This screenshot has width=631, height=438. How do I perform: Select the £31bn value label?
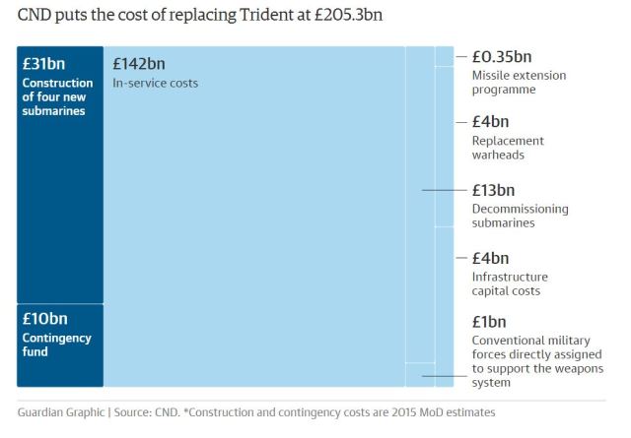[x=43, y=64]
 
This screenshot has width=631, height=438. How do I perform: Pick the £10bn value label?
[x=44, y=319]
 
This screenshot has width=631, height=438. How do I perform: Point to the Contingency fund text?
[x=56, y=344]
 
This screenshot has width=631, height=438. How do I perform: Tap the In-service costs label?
[x=155, y=84]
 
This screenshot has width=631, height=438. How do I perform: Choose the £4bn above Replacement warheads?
[x=489, y=122]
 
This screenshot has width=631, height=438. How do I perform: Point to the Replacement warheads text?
[x=507, y=148]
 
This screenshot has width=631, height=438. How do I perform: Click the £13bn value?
[x=493, y=190]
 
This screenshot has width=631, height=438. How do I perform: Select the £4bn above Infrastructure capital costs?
[x=489, y=258]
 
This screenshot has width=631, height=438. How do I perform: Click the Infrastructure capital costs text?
[x=509, y=283]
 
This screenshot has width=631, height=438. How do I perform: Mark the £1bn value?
[x=488, y=322]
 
